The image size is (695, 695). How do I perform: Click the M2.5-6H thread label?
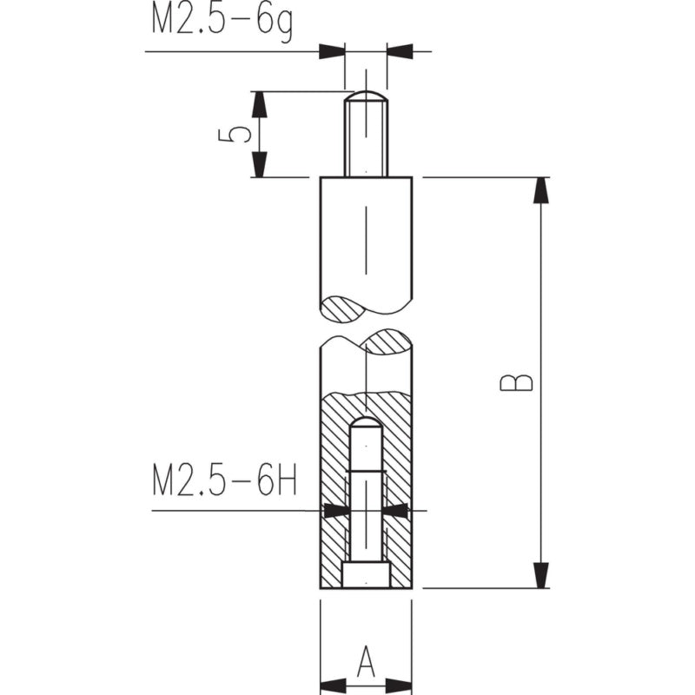click(225, 480)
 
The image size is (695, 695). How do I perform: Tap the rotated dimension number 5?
click(235, 136)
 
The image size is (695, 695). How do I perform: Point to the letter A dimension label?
click(366, 662)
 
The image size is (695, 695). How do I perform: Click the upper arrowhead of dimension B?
click(540, 190)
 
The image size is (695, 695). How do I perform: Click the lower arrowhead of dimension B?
click(540, 575)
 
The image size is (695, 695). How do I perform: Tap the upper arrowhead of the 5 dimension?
click(259, 104)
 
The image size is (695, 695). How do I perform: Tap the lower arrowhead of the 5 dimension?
click(259, 164)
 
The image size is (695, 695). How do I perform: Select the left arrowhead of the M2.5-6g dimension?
click(332, 51)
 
